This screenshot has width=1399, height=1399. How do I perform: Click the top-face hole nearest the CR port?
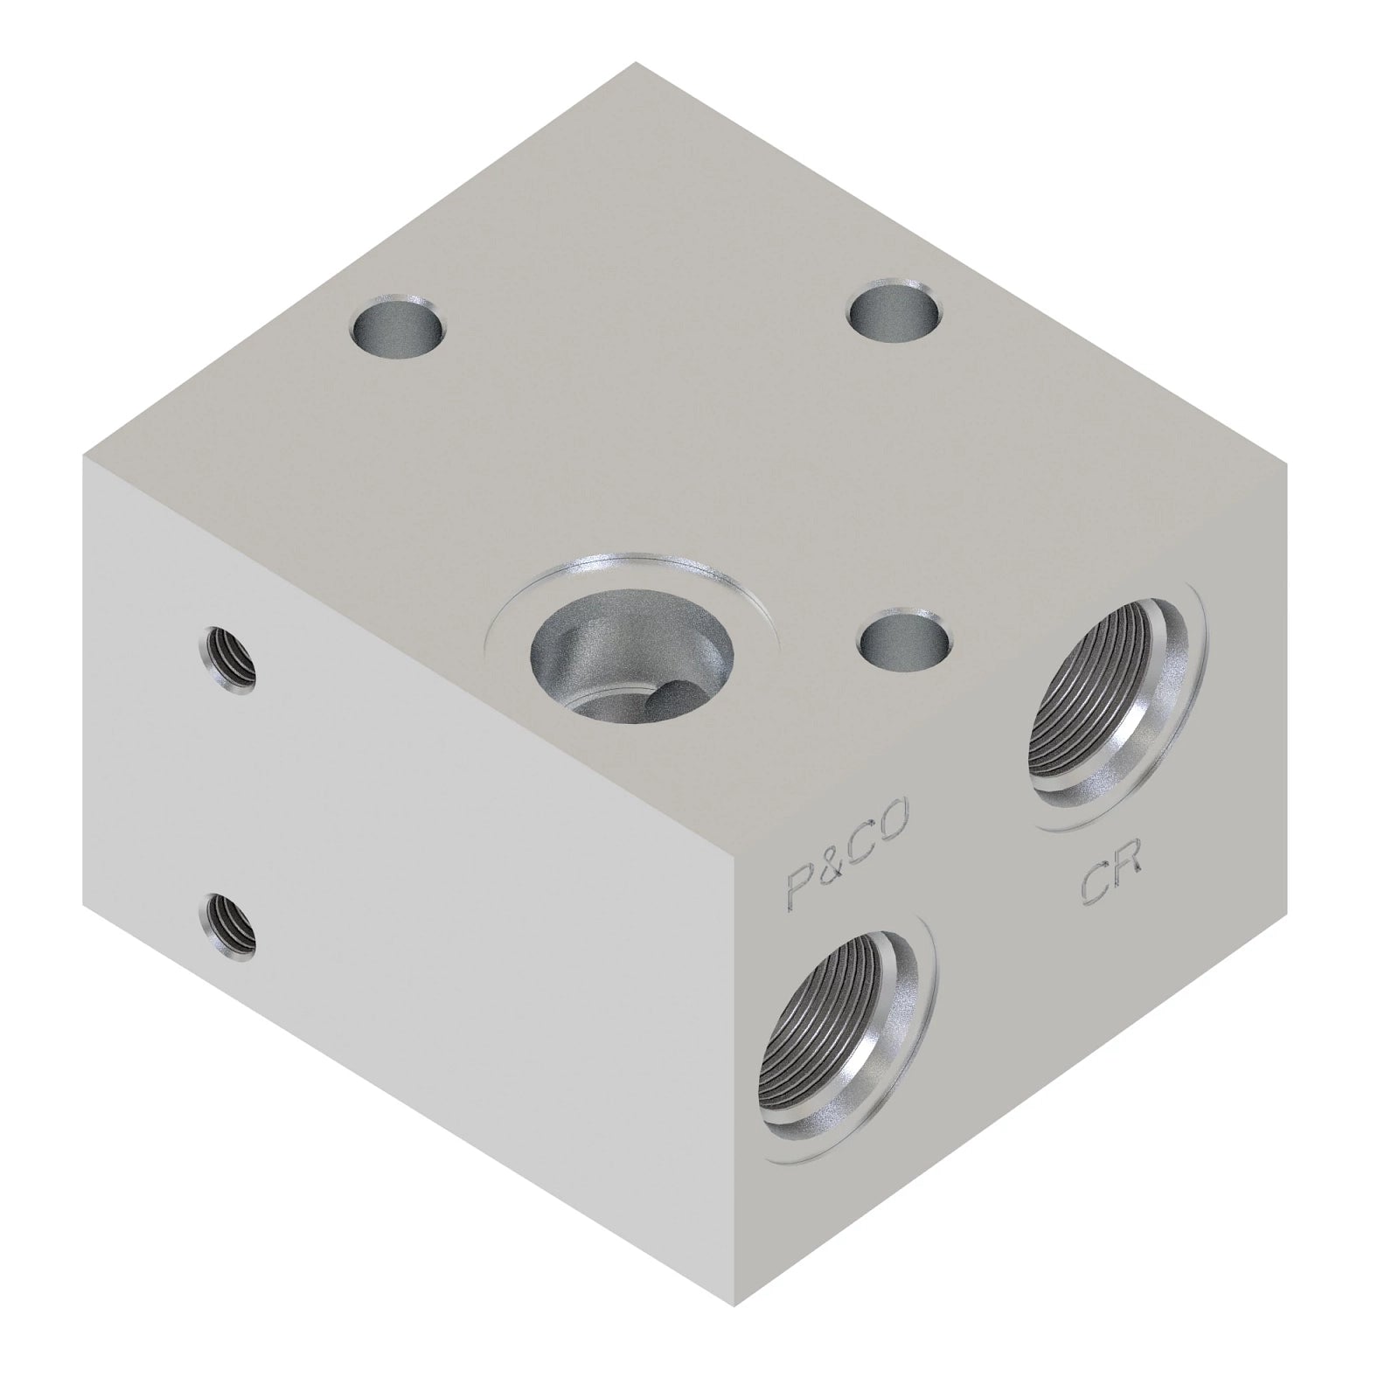905,638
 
